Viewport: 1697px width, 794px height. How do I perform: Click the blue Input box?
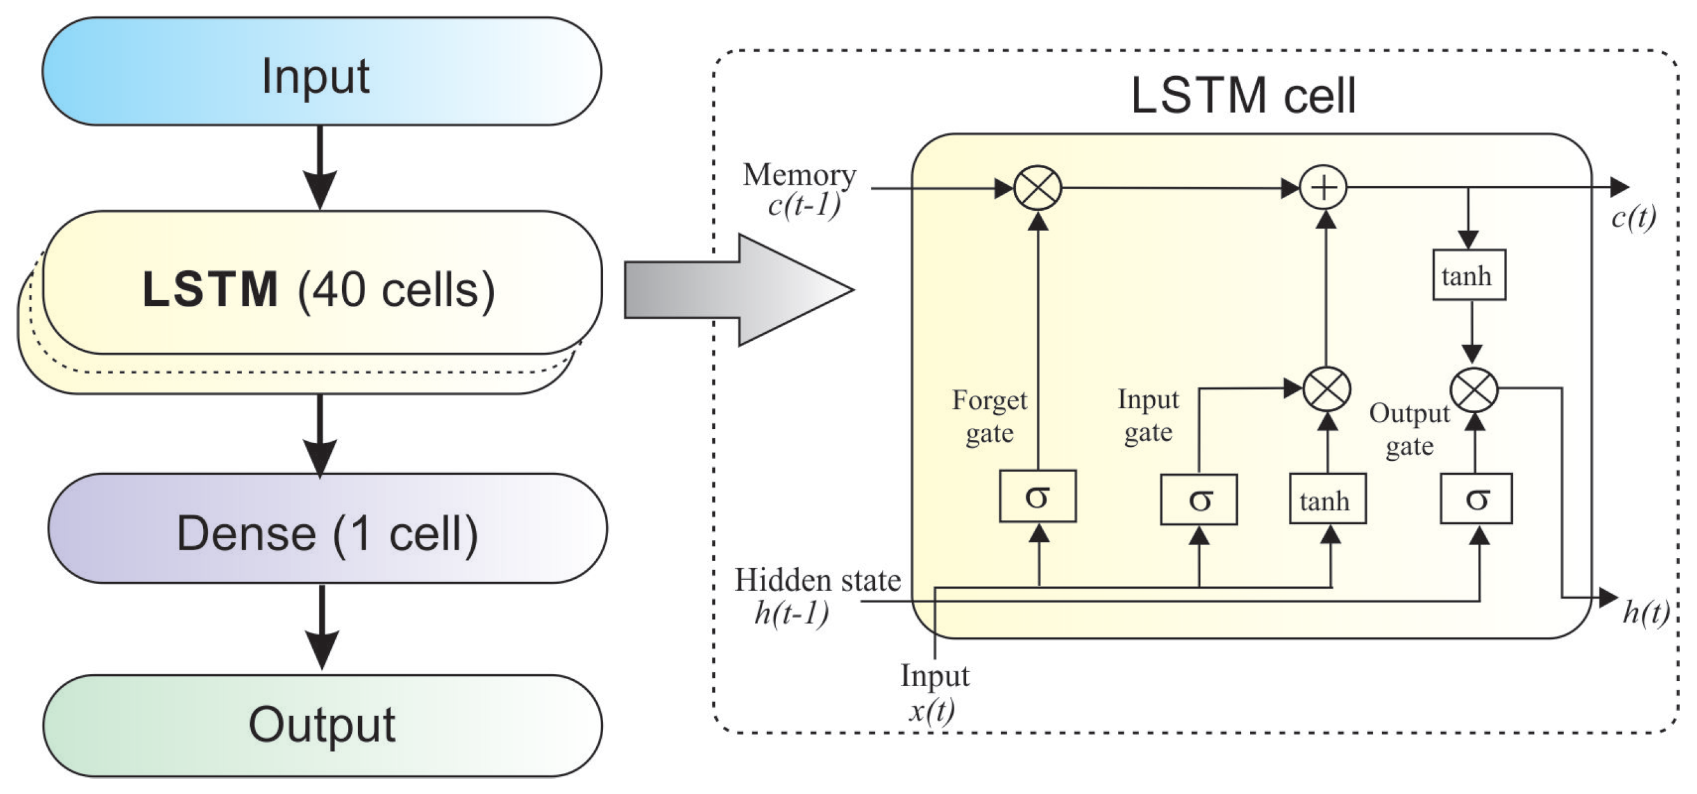pyautogui.click(x=322, y=71)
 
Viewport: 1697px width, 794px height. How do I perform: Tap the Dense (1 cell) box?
pyautogui.click(x=328, y=528)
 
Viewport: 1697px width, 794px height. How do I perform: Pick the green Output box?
pyautogui.click(x=323, y=725)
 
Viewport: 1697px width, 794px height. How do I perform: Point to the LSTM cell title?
pyautogui.click(x=1243, y=96)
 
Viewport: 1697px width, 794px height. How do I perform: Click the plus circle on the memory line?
pyautogui.click(x=1324, y=189)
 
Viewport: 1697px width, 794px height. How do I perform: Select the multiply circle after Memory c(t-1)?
pyautogui.click(x=1037, y=189)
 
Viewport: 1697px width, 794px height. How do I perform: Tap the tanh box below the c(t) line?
pyautogui.click(x=1469, y=275)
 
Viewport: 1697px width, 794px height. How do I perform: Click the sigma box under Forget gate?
pyautogui.click(x=1037, y=496)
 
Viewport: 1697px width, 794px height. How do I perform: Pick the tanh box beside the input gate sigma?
pyautogui.click(x=1328, y=500)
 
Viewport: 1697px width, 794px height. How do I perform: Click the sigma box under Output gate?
pyautogui.click(x=1476, y=498)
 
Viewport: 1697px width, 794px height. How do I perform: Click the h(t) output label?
pyautogui.click(x=1645, y=613)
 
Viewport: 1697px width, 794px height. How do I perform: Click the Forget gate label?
pyautogui.click(x=990, y=417)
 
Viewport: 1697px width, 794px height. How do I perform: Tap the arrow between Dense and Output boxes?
pyautogui.click(x=321, y=628)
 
